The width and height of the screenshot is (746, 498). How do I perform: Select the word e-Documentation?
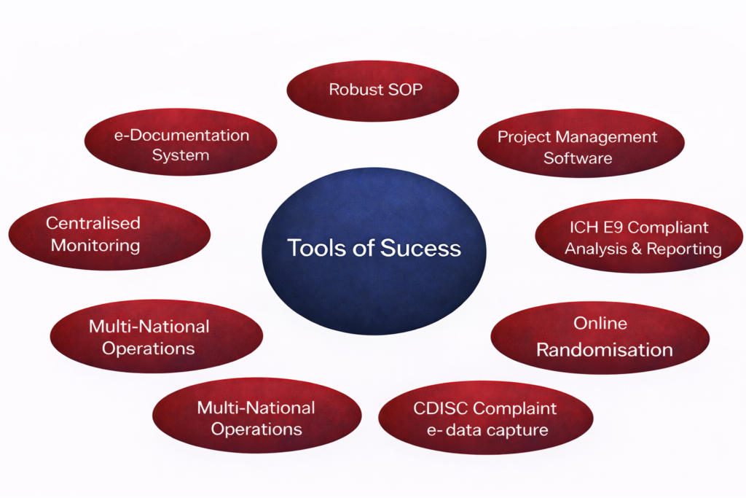tap(181, 135)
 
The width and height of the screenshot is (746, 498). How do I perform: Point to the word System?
tap(181, 156)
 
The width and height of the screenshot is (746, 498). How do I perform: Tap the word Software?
tap(578, 158)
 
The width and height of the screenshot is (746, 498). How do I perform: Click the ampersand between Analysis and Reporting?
tap(637, 249)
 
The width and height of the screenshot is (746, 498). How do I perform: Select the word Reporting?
tap(684, 249)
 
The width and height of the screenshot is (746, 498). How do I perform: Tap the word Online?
tap(600, 323)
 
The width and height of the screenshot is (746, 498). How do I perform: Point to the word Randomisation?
tap(604, 350)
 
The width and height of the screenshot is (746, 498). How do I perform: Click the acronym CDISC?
tap(441, 408)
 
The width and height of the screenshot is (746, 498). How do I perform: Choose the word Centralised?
tap(93, 223)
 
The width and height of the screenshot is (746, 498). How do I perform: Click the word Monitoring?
tap(95, 245)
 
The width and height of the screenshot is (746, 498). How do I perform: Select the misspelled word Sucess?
tap(420, 248)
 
